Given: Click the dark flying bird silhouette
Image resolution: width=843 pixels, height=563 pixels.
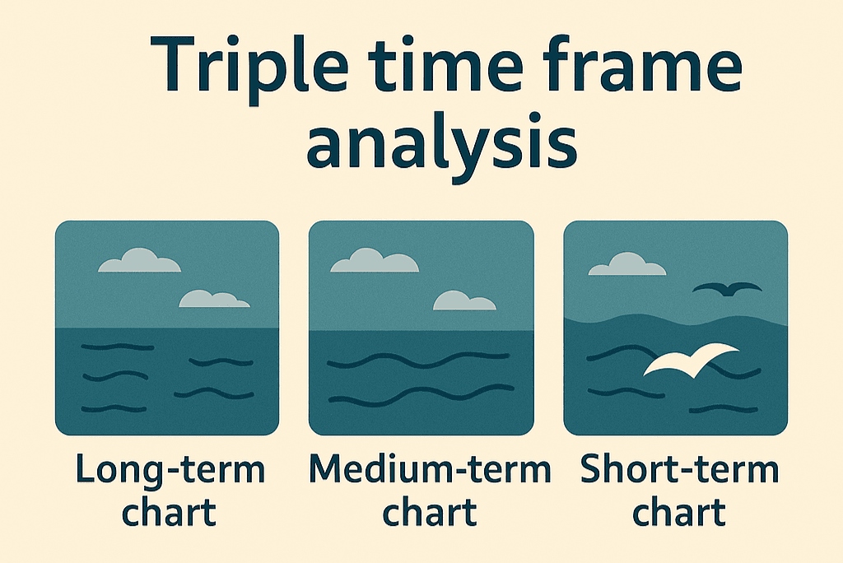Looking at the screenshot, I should click(x=727, y=288).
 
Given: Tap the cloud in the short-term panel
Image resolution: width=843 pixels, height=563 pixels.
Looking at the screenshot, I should click(x=626, y=265).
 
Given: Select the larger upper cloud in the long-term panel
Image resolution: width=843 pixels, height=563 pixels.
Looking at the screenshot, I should click(x=139, y=261).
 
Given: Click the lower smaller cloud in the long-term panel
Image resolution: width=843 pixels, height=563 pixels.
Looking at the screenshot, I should click(x=213, y=299).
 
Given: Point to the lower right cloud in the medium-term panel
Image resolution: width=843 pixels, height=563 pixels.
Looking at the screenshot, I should click(x=464, y=301).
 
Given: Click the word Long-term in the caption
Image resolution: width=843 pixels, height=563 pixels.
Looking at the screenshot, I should click(x=170, y=472).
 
